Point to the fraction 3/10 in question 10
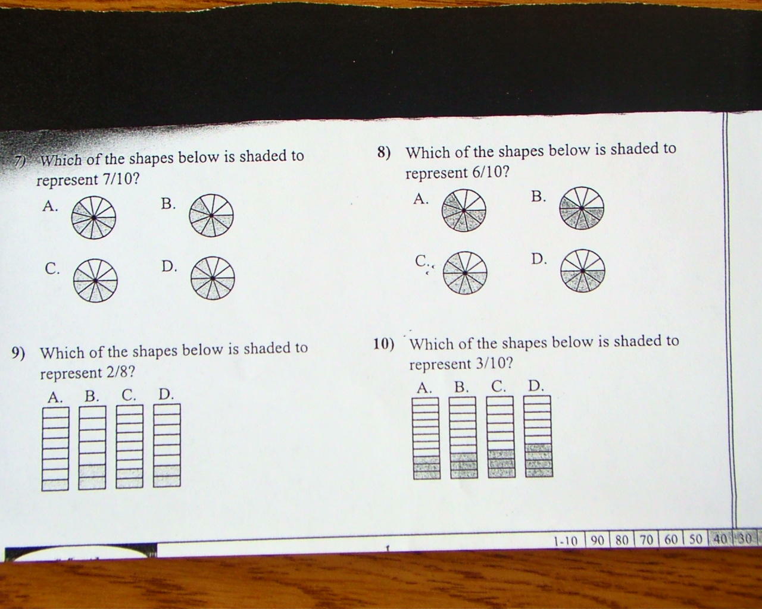point(494,363)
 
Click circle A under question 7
point(93,218)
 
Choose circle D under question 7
point(213,278)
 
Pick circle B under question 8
point(582,208)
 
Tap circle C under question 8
point(465,273)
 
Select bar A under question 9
point(55,449)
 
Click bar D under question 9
point(167,445)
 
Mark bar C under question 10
point(501,437)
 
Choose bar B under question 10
point(464,438)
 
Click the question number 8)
point(384,152)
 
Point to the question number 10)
point(384,344)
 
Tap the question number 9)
point(18,353)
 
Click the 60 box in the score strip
point(671,539)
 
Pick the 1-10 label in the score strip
point(566,541)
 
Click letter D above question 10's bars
point(536,386)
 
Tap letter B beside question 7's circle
point(168,204)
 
